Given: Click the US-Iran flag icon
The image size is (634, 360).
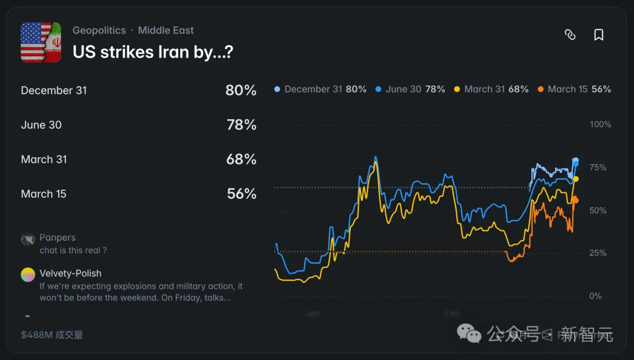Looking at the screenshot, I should tap(41, 42).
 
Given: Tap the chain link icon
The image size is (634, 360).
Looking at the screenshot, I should tap(570, 35).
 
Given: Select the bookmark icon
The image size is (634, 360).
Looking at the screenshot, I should tap(599, 35).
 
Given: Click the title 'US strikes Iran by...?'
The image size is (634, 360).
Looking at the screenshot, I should tap(153, 52).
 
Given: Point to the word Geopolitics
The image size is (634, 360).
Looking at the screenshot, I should tap(99, 30).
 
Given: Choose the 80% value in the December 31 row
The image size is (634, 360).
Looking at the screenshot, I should tap(241, 90).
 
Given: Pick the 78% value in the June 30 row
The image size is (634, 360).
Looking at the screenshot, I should tap(241, 125).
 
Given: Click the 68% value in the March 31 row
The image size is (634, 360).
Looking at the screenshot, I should tap(241, 159).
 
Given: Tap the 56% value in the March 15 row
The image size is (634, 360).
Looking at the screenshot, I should tap(241, 194).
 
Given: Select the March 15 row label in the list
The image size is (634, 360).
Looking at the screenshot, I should tap(44, 194).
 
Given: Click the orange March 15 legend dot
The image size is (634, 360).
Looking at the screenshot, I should tap(540, 89).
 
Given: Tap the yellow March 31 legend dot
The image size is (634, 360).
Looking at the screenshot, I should tap(457, 89).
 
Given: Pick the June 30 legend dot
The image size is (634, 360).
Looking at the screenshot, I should tap(378, 89).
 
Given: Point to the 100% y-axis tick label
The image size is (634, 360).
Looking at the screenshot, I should tap(600, 125).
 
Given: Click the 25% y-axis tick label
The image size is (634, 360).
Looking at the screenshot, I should tap(598, 253).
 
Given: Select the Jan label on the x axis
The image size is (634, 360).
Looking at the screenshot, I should tap(313, 313).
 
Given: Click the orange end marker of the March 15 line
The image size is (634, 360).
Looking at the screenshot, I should tap(575, 200).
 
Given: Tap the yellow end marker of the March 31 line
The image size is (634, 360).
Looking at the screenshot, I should tap(576, 179).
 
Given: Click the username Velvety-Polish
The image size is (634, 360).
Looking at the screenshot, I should tap(70, 273).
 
